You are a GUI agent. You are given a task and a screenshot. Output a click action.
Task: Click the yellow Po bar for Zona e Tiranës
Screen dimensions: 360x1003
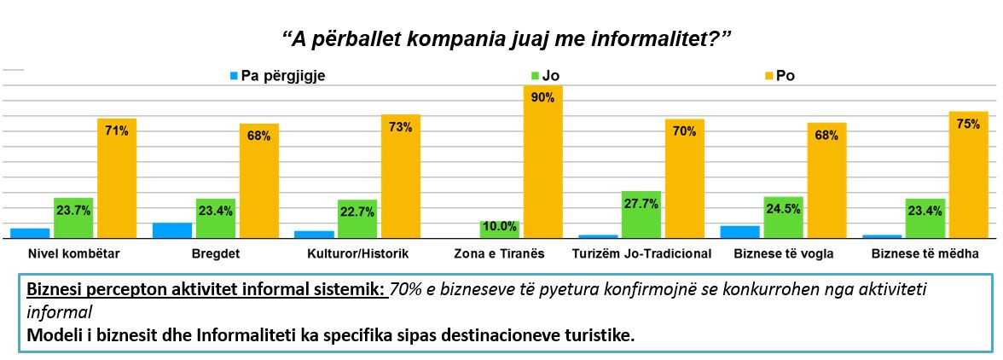[542, 162]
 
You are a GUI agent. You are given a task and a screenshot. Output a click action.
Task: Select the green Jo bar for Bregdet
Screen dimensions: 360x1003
[215, 218]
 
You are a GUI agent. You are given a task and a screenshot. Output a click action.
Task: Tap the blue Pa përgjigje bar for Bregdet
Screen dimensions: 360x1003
[171, 230]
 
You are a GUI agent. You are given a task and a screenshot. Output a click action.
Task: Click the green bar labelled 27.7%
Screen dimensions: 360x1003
[641, 215]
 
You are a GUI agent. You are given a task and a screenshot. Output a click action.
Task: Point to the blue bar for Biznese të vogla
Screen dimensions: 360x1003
[740, 232]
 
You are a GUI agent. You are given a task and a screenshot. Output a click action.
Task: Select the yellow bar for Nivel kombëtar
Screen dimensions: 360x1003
[117, 178]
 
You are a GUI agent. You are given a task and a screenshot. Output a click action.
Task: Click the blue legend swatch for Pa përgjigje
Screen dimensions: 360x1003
[234, 76]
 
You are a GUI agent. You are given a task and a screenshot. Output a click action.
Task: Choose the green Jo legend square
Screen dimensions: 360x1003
[535, 76]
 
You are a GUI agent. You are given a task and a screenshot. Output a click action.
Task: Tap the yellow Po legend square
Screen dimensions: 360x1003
[768, 76]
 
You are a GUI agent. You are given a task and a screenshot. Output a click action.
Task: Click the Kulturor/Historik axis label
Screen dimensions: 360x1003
[358, 253]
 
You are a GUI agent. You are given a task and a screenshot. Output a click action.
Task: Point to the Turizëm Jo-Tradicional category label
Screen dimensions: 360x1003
[641, 253]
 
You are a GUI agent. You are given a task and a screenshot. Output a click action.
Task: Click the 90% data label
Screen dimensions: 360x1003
[543, 97]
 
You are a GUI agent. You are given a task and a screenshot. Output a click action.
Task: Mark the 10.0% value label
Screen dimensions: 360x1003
[499, 226]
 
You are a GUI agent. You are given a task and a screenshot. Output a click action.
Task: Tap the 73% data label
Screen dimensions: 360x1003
[401, 126]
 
